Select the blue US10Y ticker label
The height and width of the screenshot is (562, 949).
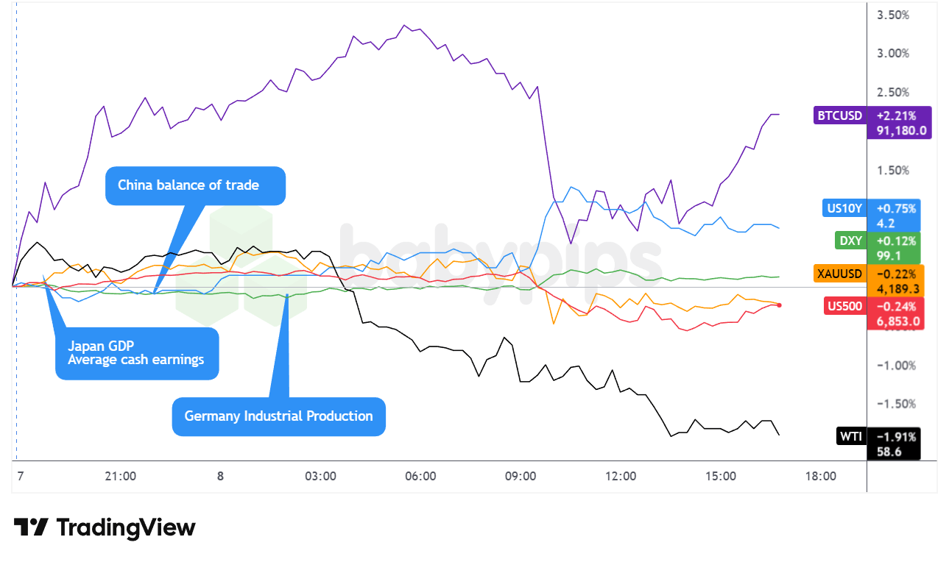point(844,208)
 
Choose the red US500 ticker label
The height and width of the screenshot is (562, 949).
point(843,307)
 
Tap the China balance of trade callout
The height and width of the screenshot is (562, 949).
point(195,185)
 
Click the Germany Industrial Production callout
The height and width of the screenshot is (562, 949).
point(278,416)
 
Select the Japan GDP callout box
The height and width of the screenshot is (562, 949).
point(137,353)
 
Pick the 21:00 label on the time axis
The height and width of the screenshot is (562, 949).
point(120,476)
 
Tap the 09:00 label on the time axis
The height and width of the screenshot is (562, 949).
point(521,476)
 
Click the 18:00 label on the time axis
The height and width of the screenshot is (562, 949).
point(820,476)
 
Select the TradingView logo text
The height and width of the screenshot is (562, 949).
point(125,527)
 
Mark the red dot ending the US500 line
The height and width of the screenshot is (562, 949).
point(780,305)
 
